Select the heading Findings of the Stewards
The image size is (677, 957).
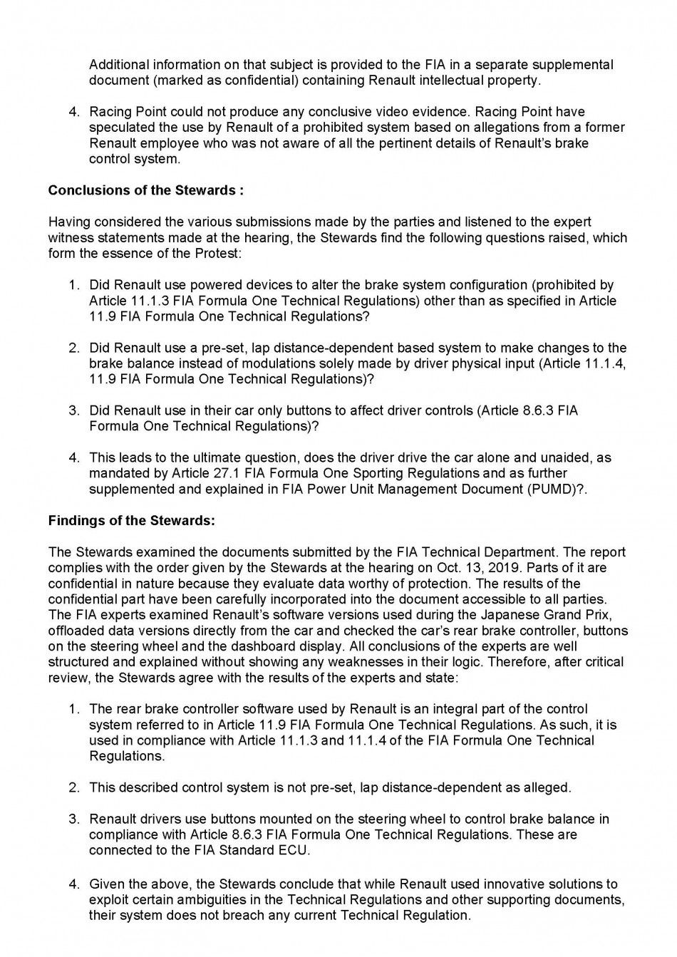point(131,520)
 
